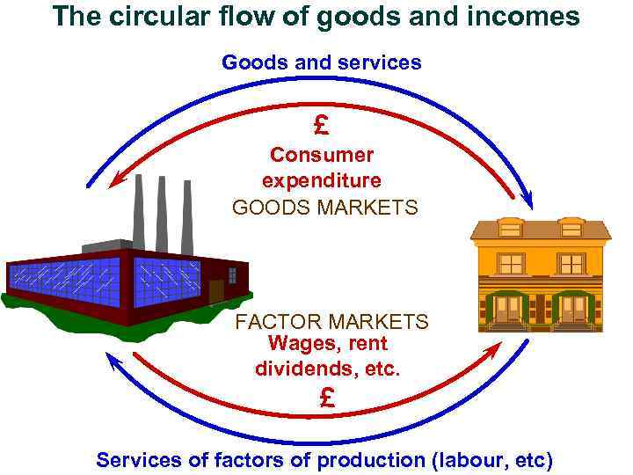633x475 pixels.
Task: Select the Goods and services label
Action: (321, 62)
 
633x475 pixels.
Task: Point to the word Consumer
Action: (322, 155)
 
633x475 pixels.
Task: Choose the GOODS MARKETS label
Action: (325, 208)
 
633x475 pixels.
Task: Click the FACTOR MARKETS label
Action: (331, 322)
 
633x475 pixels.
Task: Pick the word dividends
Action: (298, 369)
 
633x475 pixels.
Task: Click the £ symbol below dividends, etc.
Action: (327, 398)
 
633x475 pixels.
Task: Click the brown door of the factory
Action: (216, 289)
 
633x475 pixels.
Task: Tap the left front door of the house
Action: (507, 309)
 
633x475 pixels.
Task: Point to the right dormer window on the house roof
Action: (571, 227)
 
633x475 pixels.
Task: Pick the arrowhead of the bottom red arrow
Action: (494, 346)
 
